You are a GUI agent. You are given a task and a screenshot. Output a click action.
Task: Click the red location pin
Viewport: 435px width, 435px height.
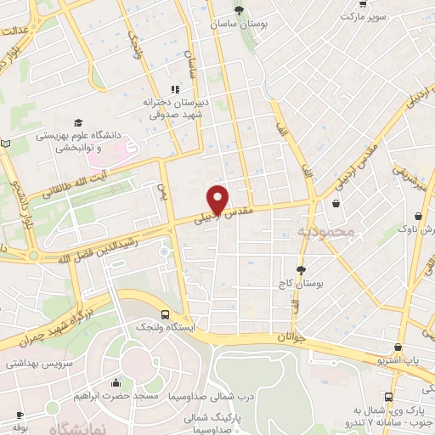click(218, 200)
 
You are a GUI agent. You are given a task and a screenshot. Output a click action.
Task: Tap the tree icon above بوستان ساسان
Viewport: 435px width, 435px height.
click(240, 10)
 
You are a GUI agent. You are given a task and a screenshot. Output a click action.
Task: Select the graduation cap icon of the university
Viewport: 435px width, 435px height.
click(78, 123)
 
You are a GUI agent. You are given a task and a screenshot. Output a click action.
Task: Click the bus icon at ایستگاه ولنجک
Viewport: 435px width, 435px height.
click(164, 313)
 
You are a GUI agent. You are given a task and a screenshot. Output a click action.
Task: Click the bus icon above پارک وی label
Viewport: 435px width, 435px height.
click(388, 397)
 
